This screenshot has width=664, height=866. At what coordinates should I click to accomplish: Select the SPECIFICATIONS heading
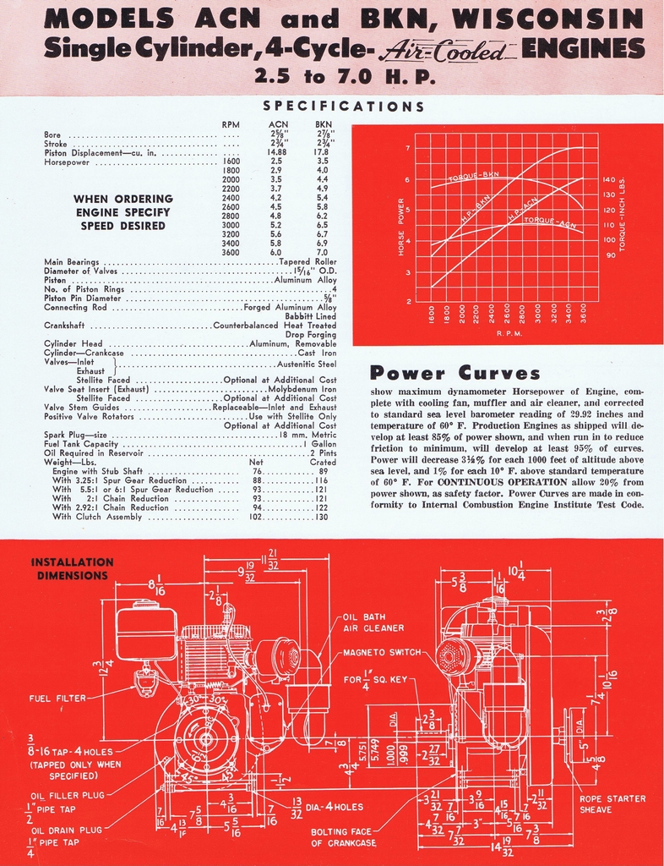point(343,107)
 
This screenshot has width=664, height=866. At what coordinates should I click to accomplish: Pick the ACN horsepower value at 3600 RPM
point(276,252)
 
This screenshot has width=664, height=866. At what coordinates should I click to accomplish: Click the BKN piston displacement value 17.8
point(323,152)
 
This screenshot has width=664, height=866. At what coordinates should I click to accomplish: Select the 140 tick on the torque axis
point(609,180)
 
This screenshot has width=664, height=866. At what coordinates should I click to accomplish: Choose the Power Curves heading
point(455,373)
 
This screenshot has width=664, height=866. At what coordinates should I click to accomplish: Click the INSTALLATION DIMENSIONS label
point(72,568)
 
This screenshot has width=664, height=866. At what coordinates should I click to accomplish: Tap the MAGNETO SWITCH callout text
point(383,652)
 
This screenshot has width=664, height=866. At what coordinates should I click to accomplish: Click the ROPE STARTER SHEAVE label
point(612,803)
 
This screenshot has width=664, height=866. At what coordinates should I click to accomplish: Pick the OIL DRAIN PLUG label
point(66,830)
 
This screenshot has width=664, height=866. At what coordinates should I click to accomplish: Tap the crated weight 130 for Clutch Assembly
point(321,517)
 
